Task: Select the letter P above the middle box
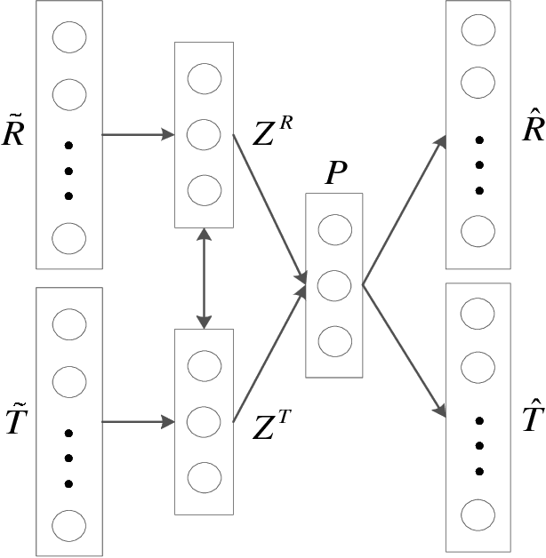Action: click(x=335, y=174)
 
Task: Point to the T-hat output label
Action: click(x=532, y=416)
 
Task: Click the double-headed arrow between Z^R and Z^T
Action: click(x=205, y=278)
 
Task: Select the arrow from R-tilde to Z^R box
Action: click(x=138, y=135)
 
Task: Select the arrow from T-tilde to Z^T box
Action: click(x=138, y=420)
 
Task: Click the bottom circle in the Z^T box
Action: click(x=205, y=475)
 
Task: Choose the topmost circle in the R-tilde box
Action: click(x=69, y=37)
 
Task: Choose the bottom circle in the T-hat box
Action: click(x=478, y=514)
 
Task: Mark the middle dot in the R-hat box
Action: click(x=478, y=165)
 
